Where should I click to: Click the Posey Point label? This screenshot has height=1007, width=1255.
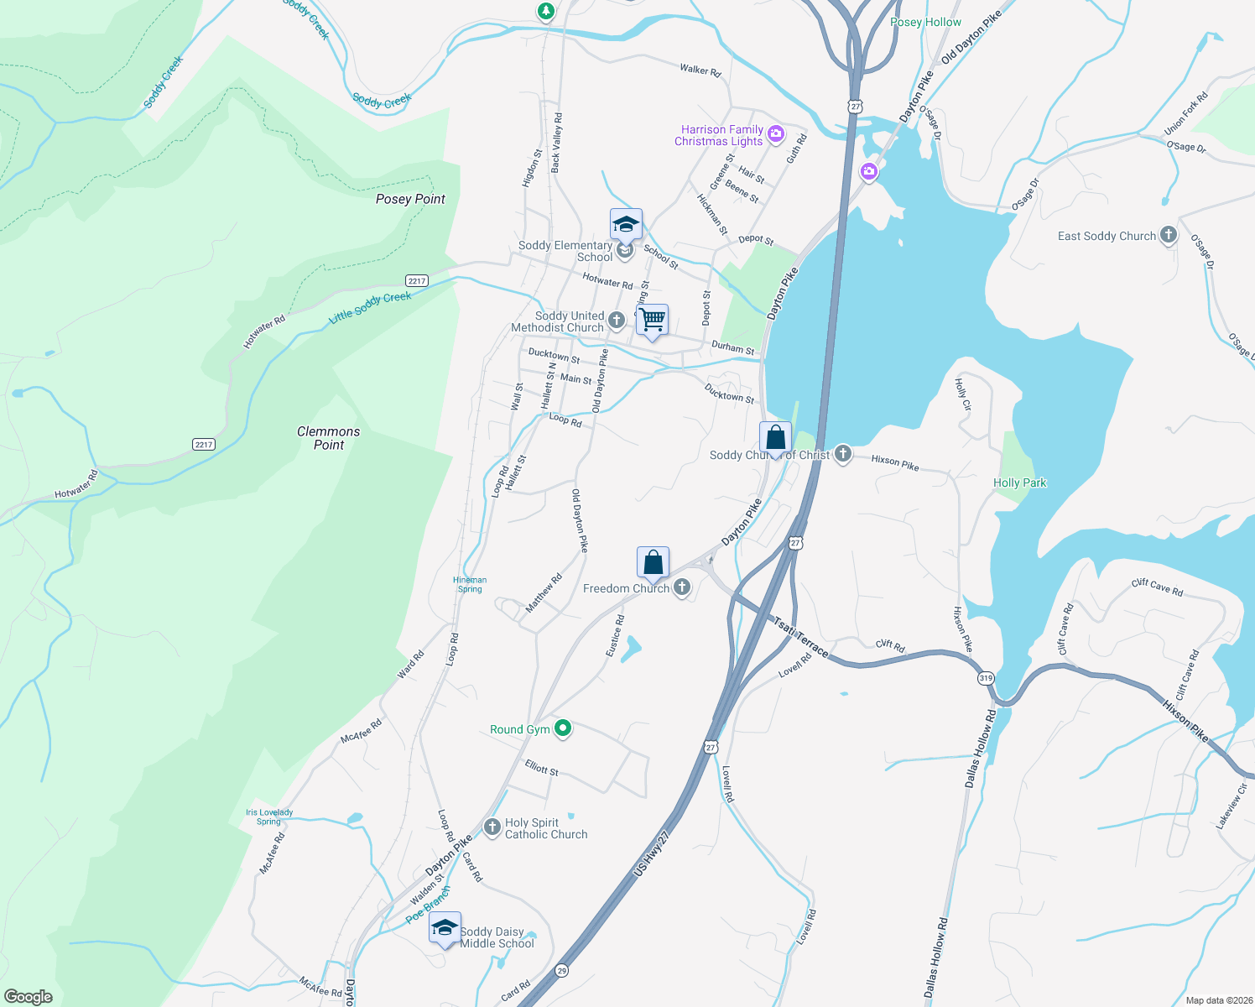coord(410,199)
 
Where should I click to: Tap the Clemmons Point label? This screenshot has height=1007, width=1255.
coord(329,438)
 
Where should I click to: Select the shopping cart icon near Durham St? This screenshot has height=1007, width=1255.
coord(652,320)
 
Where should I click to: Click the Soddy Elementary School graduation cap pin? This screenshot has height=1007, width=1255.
coord(626,225)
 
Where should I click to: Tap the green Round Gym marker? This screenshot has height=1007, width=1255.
coord(564,728)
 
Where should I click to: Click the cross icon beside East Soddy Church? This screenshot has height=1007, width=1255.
coord(1169,236)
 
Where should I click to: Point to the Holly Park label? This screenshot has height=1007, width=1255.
coord(1019,483)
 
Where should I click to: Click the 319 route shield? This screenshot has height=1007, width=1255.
coord(986,677)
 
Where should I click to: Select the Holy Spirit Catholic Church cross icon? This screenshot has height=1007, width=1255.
coord(492,827)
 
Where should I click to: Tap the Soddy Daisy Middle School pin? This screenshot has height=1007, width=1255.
coord(445,928)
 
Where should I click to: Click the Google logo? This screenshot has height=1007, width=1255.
coord(29,996)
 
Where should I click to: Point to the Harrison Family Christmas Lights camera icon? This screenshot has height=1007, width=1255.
coord(776,133)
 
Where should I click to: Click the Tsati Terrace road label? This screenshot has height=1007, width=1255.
coord(800,638)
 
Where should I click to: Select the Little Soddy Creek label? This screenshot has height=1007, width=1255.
coord(370,307)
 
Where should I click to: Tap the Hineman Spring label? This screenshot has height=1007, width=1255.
coord(470,584)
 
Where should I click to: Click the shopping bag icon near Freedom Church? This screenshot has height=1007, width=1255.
coord(653,563)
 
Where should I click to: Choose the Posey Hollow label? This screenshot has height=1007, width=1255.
coord(925,22)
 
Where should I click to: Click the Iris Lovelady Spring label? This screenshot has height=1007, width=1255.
coord(269,817)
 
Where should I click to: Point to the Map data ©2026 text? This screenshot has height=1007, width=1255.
coord(1219,1000)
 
